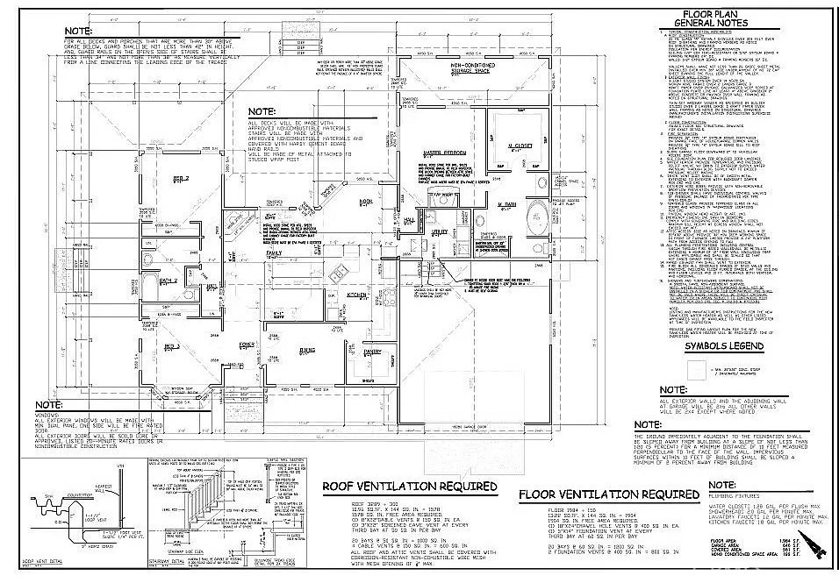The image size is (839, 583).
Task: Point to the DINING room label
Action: point(307,350)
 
